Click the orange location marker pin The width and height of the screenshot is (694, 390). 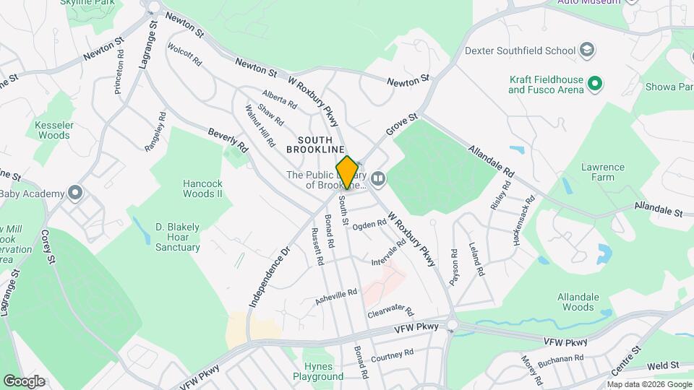coord(348,172)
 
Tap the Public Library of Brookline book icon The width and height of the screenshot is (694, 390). coord(377,178)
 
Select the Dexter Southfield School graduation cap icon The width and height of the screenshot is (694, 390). coord(588,51)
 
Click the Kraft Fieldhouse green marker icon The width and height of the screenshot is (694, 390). coord(596,84)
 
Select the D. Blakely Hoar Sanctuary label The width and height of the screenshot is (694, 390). coord(178,237)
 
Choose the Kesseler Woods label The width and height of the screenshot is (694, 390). coord(53,129)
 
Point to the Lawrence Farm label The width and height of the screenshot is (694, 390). coord(602,172)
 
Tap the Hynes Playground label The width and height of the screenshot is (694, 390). coord(318,372)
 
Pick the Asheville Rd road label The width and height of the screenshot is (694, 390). coord(336,296)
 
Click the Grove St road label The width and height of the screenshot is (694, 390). coord(402,124)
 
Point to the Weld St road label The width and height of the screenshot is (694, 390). coord(665,368)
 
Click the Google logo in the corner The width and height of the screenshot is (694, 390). coord(24,381)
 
